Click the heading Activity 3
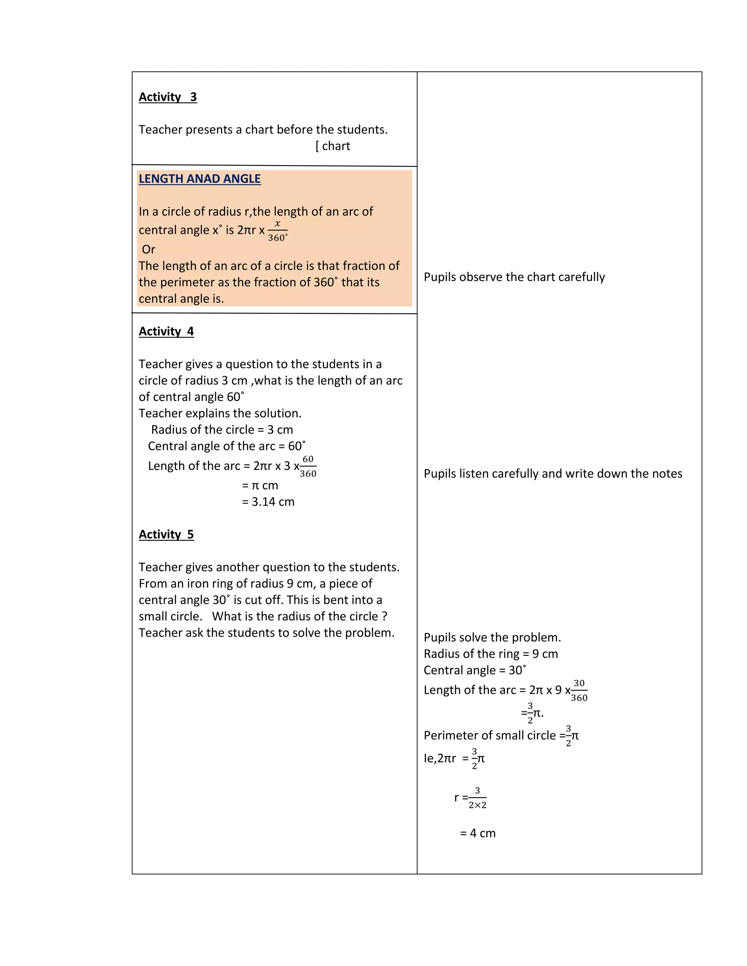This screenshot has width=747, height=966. tap(168, 97)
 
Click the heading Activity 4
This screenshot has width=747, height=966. tap(166, 331)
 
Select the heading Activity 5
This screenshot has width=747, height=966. tap(166, 534)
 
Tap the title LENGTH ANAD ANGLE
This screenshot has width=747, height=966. tap(200, 179)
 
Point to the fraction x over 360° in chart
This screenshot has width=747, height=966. tap(278, 231)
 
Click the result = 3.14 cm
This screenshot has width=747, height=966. tap(268, 502)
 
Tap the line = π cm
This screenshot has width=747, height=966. tap(260, 485)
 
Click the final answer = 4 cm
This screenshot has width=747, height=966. tap(477, 833)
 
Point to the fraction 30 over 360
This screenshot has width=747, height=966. tap(579, 690)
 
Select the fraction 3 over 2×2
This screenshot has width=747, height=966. tap(477, 798)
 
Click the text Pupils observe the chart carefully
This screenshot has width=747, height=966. tap(514, 277)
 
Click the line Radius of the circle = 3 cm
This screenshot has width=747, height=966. tap(222, 429)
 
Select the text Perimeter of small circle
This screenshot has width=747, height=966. tap(489, 736)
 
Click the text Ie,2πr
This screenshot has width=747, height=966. tap(440, 759)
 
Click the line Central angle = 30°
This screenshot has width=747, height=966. tap(475, 670)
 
